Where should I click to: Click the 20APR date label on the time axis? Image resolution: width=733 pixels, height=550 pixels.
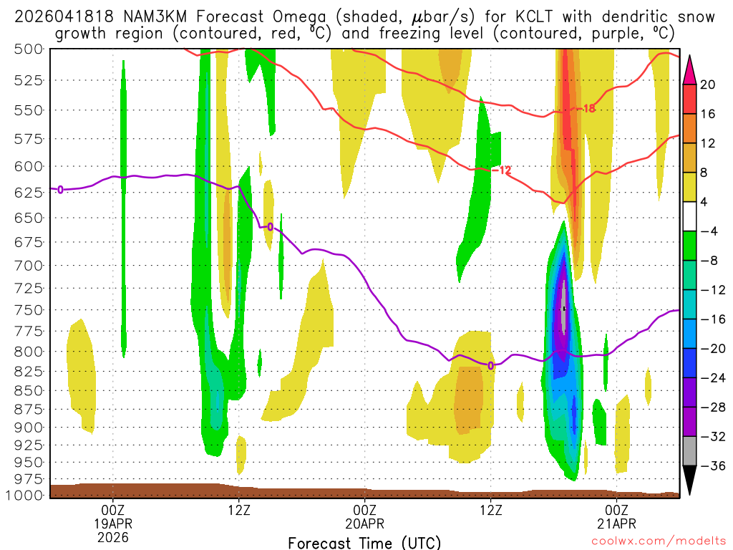[365, 523]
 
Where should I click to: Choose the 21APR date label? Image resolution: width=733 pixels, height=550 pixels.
[617, 523]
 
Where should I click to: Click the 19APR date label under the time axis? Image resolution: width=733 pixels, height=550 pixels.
[113, 523]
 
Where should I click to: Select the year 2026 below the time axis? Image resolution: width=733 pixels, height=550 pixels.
[113, 536]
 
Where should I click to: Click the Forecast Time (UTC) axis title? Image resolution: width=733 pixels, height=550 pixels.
[364, 542]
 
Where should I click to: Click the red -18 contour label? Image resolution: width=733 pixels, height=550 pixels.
[586, 109]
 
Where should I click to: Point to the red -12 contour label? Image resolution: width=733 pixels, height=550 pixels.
[503, 170]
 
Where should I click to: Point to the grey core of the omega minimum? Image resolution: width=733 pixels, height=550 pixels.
[564, 308]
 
